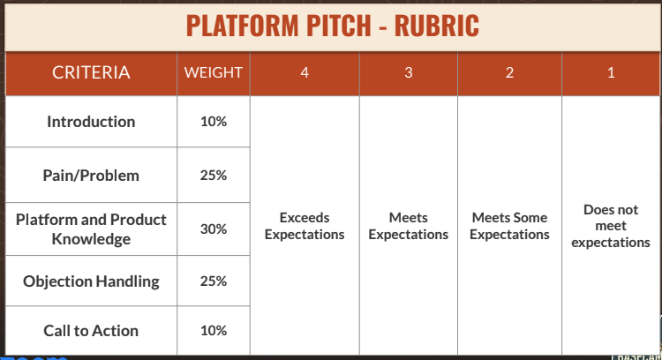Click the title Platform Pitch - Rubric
333,25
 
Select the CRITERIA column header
91,73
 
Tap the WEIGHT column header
213,73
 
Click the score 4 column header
305,73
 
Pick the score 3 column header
408,73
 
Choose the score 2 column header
509,73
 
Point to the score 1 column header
611,73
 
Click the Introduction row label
91,122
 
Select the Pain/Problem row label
91,175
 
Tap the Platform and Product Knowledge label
91,229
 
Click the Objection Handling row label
91,281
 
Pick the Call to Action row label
91,331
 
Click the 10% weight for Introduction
213,122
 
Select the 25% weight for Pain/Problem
213,175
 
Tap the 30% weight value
213,229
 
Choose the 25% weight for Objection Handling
213,281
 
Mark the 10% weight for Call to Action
213,331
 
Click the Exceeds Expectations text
305,226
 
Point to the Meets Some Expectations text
509,226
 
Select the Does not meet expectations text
611,226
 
